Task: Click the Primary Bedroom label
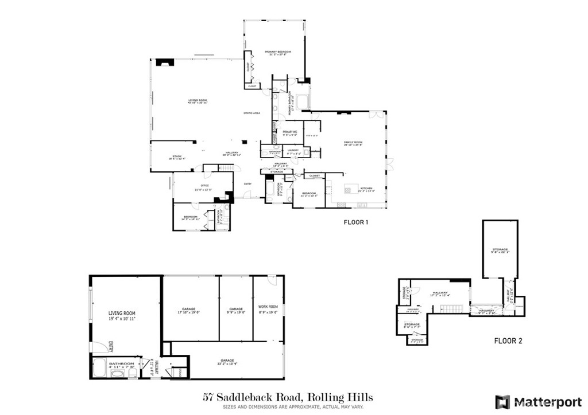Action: click(277, 52)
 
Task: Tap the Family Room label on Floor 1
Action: click(353, 142)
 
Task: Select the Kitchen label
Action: click(366, 189)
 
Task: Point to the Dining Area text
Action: click(252, 113)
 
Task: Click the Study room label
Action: click(177, 156)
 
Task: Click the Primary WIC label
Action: click(289, 132)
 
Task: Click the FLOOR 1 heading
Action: click(355, 222)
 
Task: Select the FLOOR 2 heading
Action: click(508, 341)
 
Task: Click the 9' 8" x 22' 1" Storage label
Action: click(500, 250)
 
